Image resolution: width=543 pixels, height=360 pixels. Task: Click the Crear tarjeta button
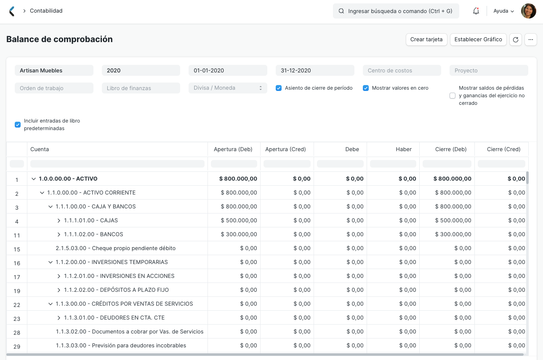pyautogui.click(x=426, y=40)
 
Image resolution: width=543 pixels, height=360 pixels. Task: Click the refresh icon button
pyautogui.click(x=516, y=40)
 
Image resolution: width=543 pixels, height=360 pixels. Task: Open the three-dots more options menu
pyautogui.click(x=531, y=40)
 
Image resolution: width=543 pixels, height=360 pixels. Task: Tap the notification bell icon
pyautogui.click(x=476, y=11)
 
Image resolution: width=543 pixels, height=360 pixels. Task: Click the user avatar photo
pyautogui.click(x=528, y=11)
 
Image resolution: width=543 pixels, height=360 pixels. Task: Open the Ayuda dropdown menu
pyautogui.click(x=503, y=11)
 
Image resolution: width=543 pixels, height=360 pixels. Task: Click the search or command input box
pyautogui.click(x=396, y=11)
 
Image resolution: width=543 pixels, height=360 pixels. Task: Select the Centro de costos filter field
pyautogui.click(x=402, y=71)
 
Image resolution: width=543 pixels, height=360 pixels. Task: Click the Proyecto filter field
pyautogui.click(x=488, y=71)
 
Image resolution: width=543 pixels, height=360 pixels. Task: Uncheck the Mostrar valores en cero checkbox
pyautogui.click(x=366, y=88)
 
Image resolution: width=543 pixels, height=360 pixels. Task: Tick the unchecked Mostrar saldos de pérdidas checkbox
pyautogui.click(x=452, y=96)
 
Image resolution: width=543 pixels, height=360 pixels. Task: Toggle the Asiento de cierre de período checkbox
pyautogui.click(x=279, y=88)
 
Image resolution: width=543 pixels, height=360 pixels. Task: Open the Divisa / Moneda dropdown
pyautogui.click(x=228, y=88)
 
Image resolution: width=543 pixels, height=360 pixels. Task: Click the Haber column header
pyautogui.click(x=403, y=149)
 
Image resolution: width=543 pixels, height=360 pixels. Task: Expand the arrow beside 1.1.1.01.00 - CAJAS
pyautogui.click(x=59, y=221)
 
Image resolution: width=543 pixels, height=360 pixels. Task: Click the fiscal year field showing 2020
pyautogui.click(x=141, y=71)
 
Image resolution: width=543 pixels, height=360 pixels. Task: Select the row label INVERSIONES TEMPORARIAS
pyautogui.click(x=112, y=262)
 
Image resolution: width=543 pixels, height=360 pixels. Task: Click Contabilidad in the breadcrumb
pyautogui.click(x=46, y=11)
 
